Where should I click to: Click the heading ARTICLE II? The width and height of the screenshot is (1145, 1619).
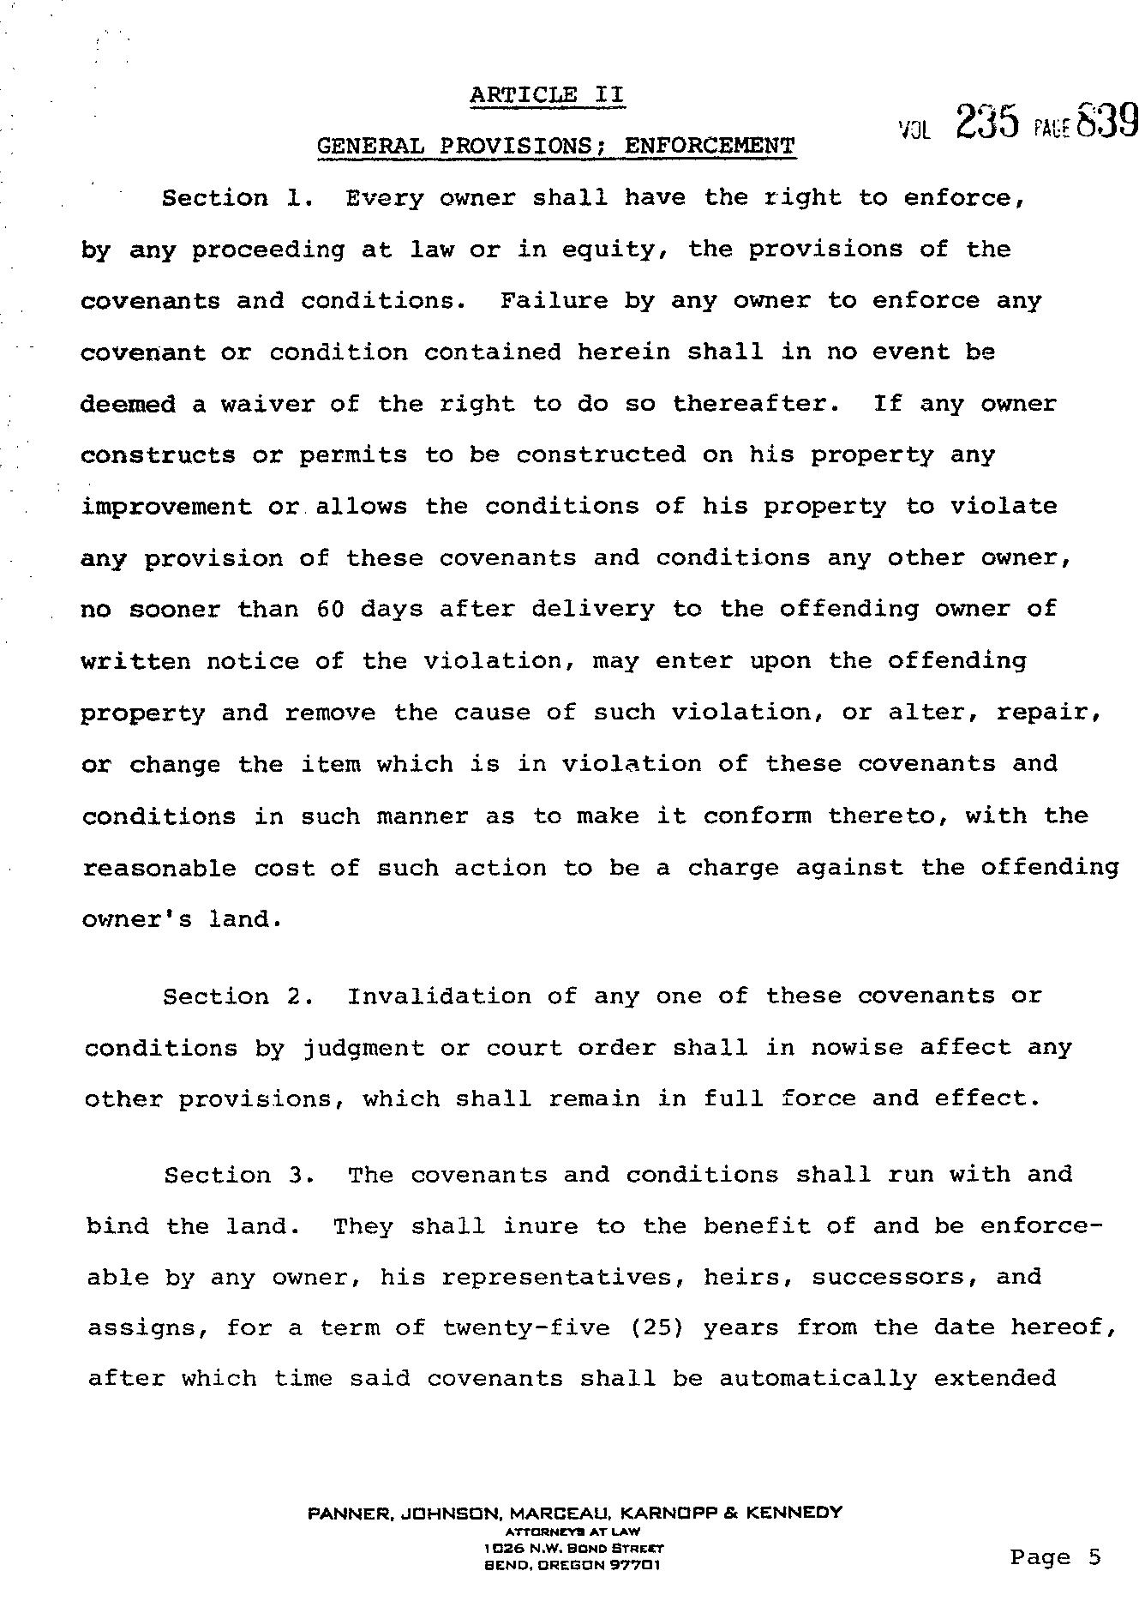point(547,95)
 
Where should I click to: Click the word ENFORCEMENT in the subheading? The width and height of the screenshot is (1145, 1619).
point(710,146)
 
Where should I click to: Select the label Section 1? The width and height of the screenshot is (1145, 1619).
point(230,199)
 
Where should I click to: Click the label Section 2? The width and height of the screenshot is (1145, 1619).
point(231,996)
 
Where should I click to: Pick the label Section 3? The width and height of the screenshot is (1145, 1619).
point(232,1175)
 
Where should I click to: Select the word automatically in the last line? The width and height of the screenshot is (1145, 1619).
point(818,1379)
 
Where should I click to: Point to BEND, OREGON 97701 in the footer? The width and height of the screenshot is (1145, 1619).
point(572,1565)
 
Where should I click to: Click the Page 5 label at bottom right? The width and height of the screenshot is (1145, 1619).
point(1055,1557)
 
